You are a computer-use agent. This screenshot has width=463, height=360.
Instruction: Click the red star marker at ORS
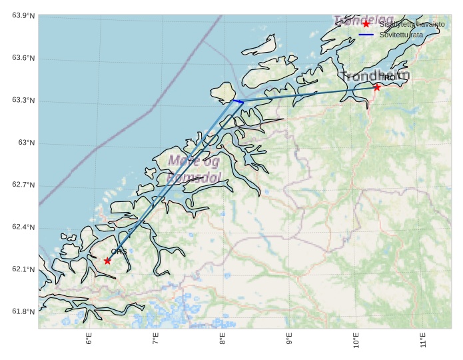coord(108,261)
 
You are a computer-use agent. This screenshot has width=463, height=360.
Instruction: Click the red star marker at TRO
coord(377,87)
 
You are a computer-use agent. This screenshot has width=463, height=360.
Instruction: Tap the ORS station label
coord(119,251)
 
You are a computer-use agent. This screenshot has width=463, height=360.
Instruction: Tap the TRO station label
coord(387,78)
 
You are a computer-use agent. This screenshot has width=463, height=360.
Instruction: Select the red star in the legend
coord(366,24)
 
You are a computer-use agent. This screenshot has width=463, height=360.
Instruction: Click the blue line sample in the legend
coord(366,34)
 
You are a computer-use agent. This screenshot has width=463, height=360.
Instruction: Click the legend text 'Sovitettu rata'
coord(401,34)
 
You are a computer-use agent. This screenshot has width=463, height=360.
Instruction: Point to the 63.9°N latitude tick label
coord(23,16)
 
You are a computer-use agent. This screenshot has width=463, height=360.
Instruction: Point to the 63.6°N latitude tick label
coord(23,59)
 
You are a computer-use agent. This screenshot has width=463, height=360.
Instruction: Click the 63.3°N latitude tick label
coord(23,101)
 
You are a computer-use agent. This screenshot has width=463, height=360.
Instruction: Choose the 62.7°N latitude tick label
coord(23,185)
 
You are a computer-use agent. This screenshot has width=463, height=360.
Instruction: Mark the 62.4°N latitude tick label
coord(23,227)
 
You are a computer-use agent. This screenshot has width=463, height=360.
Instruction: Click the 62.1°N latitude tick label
coord(23,269)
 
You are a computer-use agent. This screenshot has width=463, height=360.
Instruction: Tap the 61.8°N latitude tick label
coord(23,312)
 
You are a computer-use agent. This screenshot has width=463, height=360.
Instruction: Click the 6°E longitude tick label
coord(89,340)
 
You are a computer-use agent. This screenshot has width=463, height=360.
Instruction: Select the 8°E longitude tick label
coord(223,340)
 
